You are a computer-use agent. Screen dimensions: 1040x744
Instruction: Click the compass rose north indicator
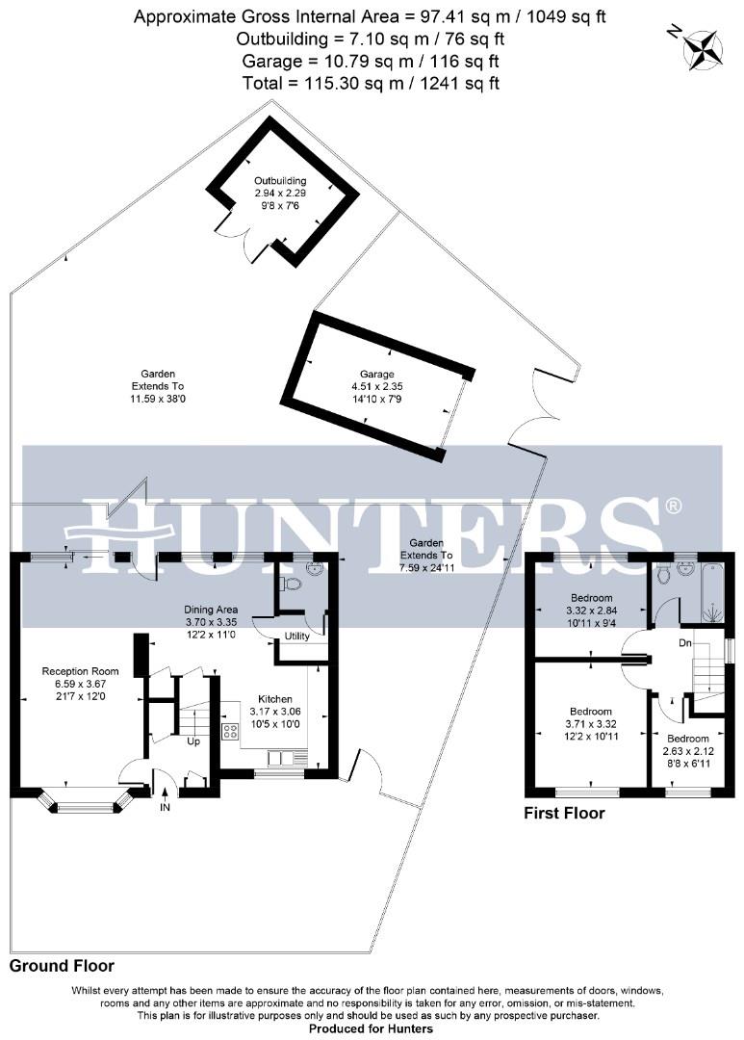point(703,48)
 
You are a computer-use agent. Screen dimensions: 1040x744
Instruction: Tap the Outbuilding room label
point(280,181)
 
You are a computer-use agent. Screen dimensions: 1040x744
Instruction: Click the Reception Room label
point(80,671)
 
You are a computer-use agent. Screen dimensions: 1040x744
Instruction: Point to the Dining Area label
point(212,610)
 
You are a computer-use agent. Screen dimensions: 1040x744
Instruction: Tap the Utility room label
point(296,637)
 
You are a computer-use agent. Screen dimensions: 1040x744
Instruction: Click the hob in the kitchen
point(231,731)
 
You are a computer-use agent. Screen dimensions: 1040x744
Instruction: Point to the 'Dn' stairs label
point(685,642)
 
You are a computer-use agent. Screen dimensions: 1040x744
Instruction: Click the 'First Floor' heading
point(564,814)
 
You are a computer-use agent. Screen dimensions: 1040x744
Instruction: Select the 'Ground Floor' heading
point(62,965)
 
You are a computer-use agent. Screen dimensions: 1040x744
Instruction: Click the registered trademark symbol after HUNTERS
point(674,506)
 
